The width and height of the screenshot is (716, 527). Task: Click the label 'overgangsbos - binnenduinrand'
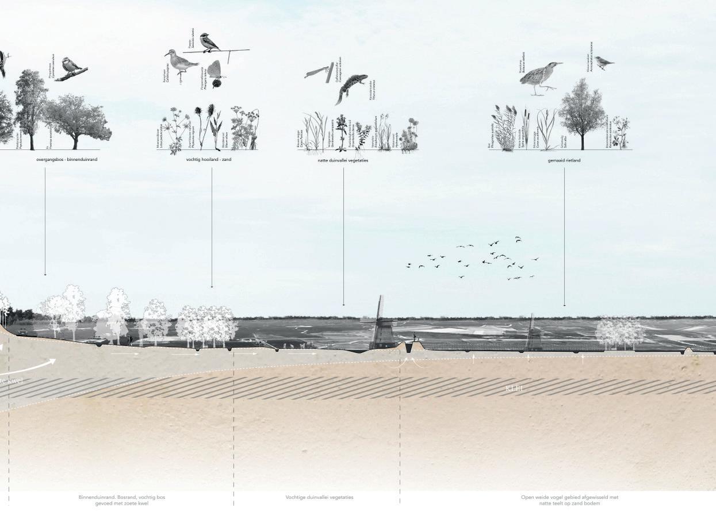[x=66, y=159]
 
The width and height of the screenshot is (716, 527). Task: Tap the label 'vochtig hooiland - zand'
[x=209, y=159]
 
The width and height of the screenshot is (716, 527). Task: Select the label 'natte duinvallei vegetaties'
[x=343, y=160]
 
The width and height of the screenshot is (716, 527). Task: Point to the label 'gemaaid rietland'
[x=564, y=160]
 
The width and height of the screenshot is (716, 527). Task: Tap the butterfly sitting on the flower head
[x=214, y=71]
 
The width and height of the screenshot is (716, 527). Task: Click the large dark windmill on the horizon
[x=380, y=325]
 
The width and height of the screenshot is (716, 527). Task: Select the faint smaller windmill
[x=533, y=333]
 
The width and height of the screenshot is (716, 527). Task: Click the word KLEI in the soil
[x=514, y=389]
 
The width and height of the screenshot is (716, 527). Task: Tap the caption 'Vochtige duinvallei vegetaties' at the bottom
[x=319, y=497]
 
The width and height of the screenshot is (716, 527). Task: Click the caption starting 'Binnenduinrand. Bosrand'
[x=122, y=500]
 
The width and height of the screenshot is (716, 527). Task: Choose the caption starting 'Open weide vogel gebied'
[x=569, y=500]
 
